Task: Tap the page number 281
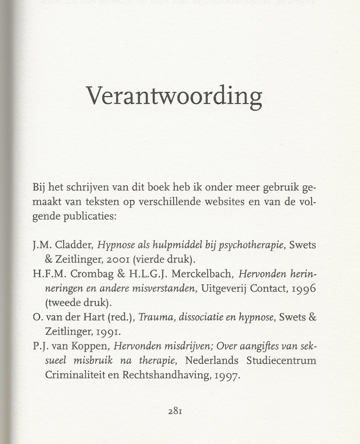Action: coord(175,411)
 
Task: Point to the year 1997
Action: coord(225,375)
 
